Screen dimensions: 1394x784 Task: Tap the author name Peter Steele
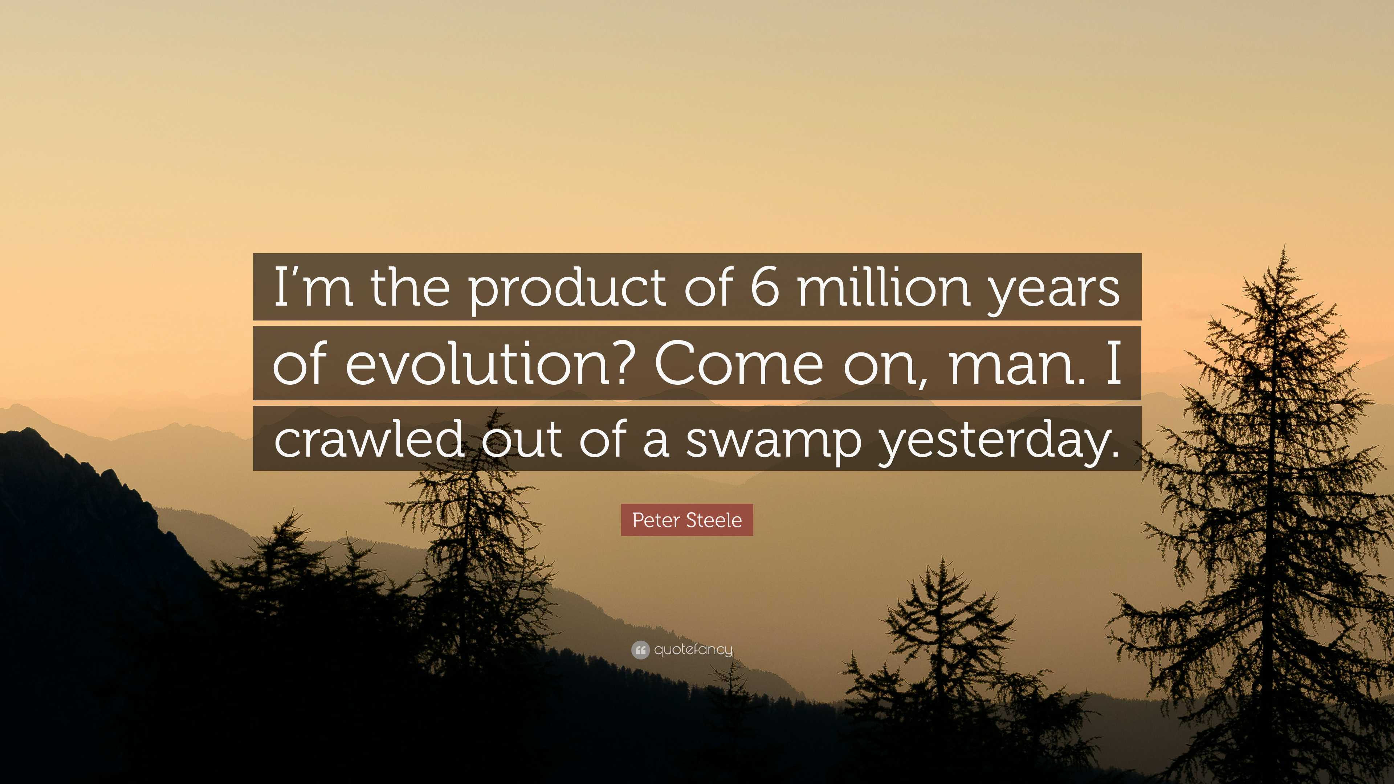coord(687,520)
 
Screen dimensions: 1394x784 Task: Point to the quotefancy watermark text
coord(693,649)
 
